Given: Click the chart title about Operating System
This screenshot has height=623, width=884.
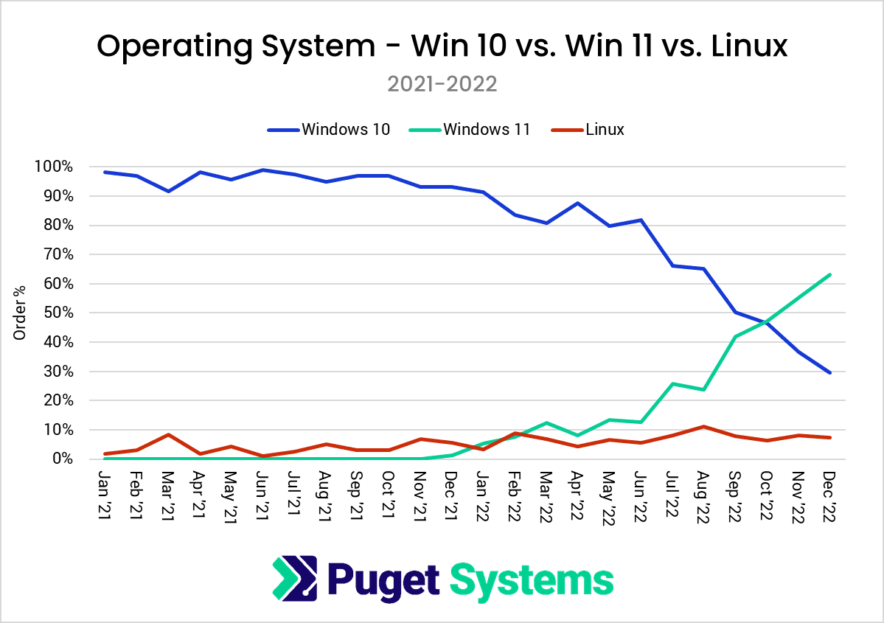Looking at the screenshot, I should tap(442, 47).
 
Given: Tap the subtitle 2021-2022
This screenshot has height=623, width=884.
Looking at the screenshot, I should tap(442, 84).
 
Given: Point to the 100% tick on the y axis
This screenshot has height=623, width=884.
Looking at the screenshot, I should tap(54, 167).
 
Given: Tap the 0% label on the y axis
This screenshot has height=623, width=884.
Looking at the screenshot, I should tap(62, 459).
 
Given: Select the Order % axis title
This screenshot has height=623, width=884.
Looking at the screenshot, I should tap(20, 313).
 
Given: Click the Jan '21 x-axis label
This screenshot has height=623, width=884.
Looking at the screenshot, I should tap(105, 490).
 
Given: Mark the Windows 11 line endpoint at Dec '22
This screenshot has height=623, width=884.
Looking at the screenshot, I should tap(829, 275).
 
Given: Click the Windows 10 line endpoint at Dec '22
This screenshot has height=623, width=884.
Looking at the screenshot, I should tap(829, 372).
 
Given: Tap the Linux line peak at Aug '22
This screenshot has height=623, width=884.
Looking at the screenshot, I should tap(703, 426).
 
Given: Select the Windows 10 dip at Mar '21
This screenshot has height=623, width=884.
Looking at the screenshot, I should tap(169, 191).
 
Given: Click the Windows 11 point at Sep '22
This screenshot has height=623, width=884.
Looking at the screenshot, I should tap(735, 336).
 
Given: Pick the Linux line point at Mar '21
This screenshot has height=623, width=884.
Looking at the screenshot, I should tap(169, 434).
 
